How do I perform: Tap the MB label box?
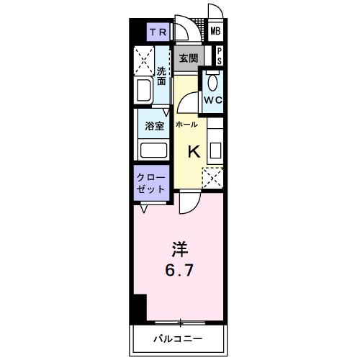[x=215, y=32]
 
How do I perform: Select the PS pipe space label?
[x=219, y=55]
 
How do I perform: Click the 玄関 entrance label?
[x=189, y=58]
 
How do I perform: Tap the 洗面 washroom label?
[x=162, y=76]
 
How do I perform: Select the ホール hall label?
[x=186, y=124]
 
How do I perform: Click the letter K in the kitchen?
[x=194, y=152]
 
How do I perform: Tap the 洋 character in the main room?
[x=179, y=250]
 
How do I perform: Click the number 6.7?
[x=180, y=272]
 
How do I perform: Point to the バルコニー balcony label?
[x=176, y=338]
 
